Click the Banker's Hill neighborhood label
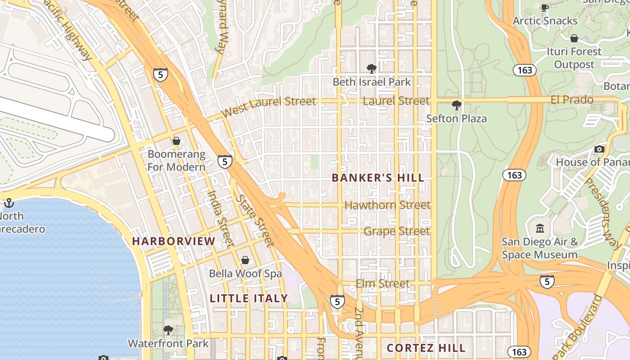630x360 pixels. click(x=378, y=178)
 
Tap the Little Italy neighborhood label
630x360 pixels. click(x=248, y=298)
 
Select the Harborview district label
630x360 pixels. click(x=174, y=241)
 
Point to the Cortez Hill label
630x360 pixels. click(x=426, y=348)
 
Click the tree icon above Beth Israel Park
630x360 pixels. click(x=371, y=68)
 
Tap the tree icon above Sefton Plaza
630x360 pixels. click(x=456, y=105)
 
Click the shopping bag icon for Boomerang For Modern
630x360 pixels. click(x=176, y=141)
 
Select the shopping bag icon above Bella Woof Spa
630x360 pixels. click(x=245, y=260)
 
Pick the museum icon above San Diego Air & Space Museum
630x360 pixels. click(x=540, y=229)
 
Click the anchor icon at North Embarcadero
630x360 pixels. click(x=9, y=203)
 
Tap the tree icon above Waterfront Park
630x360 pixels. click(x=168, y=330)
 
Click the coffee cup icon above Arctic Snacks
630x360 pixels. click(x=544, y=7)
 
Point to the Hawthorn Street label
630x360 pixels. click(x=387, y=205)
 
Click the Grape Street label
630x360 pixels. click(x=396, y=231)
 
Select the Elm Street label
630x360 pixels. click(x=382, y=283)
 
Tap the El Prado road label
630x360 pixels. click(x=572, y=100)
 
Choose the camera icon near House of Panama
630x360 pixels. click(x=599, y=149)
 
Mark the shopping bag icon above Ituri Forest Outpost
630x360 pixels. click(x=574, y=38)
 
